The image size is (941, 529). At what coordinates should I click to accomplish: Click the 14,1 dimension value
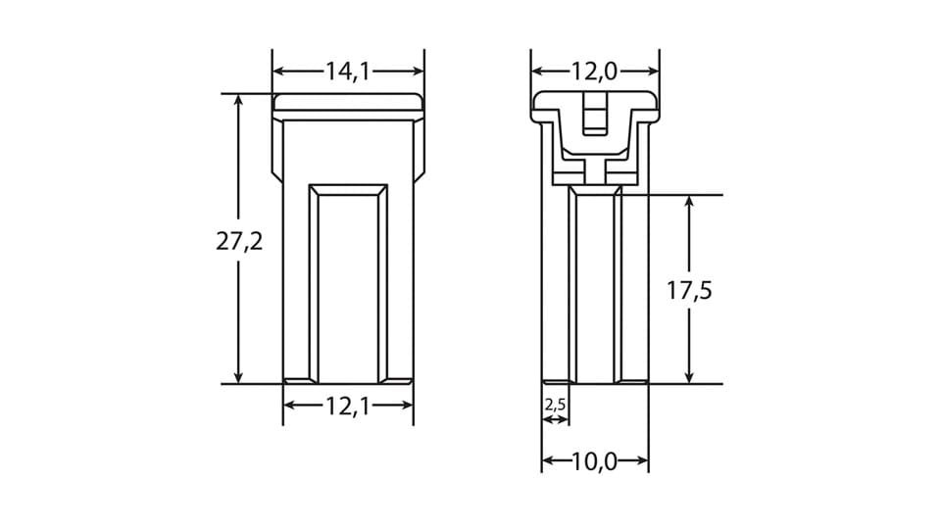348,71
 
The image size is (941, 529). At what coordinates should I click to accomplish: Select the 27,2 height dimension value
239,241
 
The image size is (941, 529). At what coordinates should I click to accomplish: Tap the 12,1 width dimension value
348,406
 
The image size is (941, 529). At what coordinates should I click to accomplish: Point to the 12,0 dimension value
595,71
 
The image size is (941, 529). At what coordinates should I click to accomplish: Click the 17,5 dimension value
689,291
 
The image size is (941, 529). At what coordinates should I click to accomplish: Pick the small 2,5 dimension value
555,404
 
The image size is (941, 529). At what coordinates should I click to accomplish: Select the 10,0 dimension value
595,461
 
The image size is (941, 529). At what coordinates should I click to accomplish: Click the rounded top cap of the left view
348,102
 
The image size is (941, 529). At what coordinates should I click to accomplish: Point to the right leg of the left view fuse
400,284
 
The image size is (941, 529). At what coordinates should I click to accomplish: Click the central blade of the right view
595,289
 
